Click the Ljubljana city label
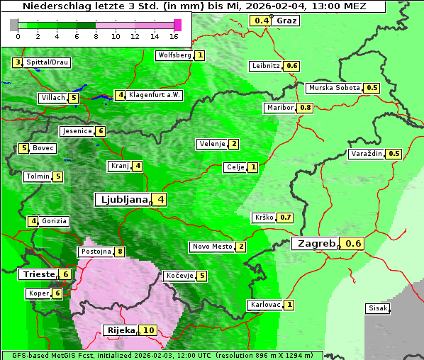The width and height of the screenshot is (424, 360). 122,200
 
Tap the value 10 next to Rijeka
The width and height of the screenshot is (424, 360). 148,330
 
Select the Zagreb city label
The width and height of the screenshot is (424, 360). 316,244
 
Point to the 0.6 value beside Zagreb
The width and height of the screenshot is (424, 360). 353,244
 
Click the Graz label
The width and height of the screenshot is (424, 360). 286,21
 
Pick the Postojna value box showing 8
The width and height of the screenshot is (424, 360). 121,252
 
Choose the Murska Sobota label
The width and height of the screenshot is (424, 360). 334,88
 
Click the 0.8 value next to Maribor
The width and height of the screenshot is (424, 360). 306,108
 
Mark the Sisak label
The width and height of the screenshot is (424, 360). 377,308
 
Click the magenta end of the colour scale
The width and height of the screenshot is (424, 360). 177,25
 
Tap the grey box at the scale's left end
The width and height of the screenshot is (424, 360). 14,25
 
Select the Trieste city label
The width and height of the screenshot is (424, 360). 38,274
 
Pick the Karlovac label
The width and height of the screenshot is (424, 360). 266,305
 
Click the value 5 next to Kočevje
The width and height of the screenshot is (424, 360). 201,276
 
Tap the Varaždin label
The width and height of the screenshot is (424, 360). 367,154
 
